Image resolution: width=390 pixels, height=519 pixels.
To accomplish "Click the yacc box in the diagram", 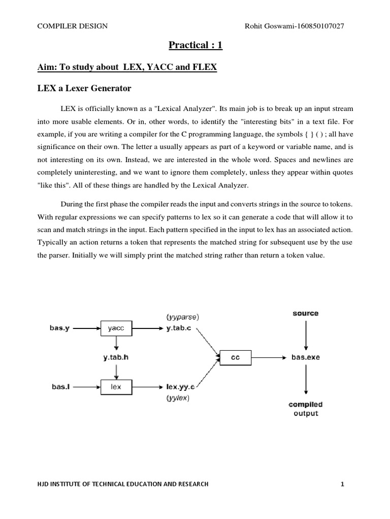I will [116, 328].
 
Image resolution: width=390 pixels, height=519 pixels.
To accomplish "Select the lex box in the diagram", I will [116, 387].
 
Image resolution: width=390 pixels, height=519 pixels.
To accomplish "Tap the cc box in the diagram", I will [235, 357].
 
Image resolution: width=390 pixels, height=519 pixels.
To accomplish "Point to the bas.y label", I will [62, 328].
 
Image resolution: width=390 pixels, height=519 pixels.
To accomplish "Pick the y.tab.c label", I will [179, 328].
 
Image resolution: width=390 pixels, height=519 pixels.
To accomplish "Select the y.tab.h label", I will [116, 357].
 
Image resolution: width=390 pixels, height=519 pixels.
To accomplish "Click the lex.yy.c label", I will [180, 387].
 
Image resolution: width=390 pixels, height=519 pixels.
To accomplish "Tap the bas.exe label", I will [306, 357].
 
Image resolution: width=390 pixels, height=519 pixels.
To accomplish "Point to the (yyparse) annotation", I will [183, 317].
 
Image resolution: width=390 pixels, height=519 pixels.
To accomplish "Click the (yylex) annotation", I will [178, 398].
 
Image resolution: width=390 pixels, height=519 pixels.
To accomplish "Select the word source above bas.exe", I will [306, 313].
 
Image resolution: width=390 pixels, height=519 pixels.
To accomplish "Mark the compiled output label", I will [306, 409].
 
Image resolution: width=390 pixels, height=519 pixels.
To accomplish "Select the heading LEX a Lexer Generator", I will [84, 89].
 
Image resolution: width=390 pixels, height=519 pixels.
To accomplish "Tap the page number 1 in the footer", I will [343, 484].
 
